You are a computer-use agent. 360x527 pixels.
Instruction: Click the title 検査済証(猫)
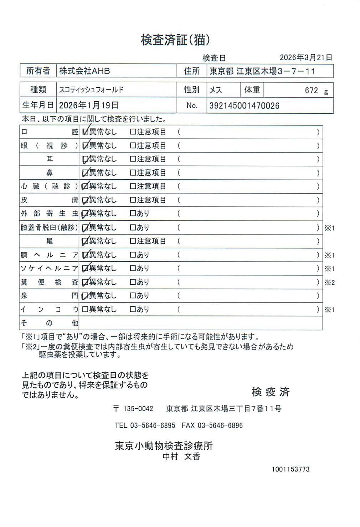(175, 40)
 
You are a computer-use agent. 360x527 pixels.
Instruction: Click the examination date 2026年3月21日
(306, 57)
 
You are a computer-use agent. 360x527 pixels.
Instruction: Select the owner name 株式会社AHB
(84, 71)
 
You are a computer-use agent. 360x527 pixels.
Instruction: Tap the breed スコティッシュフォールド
(91, 90)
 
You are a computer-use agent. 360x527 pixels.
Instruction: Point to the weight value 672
(311, 91)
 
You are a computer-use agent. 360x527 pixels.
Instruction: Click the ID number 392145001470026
(244, 106)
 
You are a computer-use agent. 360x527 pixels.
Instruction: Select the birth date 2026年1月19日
(88, 105)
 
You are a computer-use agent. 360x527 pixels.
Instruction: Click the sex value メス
(216, 90)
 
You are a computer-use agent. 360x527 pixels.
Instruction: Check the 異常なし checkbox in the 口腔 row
(85, 132)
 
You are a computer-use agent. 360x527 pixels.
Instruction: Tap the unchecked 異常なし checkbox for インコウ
(85, 309)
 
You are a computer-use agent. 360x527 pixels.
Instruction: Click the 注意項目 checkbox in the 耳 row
(133, 159)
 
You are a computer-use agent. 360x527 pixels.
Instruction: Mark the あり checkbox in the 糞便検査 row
(133, 282)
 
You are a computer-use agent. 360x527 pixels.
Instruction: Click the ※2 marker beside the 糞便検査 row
(329, 283)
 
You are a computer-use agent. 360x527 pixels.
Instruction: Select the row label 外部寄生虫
(49, 213)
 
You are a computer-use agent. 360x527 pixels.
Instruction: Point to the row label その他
(49, 323)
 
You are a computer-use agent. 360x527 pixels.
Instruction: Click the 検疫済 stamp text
(271, 392)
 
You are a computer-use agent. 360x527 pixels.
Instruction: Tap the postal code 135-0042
(138, 409)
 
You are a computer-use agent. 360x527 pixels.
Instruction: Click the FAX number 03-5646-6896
(220, 425)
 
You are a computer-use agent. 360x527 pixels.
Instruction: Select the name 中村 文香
(181, 456)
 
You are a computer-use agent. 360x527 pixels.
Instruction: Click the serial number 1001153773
(290, 469)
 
